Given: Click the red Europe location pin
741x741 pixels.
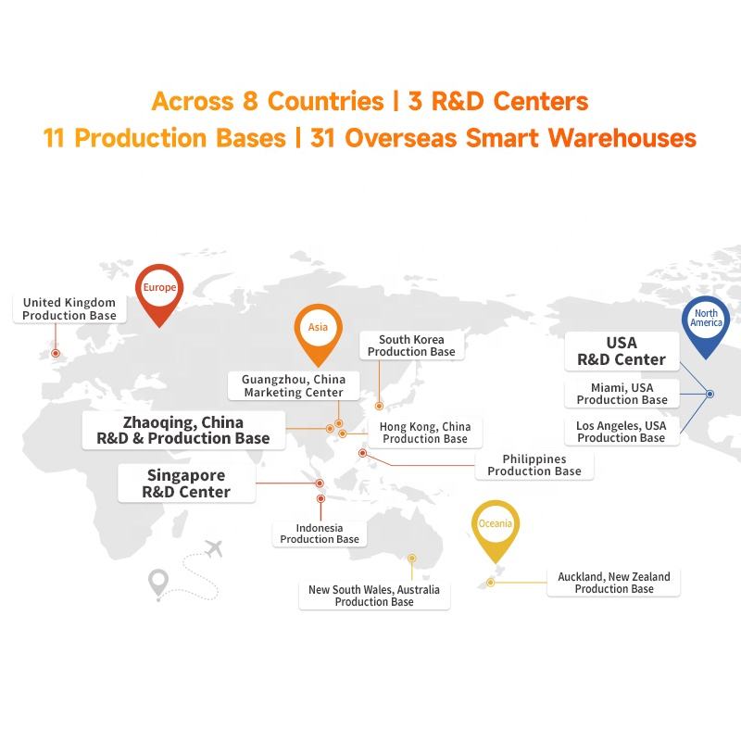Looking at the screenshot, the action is [x=159, y=291].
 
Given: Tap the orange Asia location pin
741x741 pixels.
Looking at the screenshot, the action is [x=319, y=331].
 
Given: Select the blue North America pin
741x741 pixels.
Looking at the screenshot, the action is [x=706, y=324].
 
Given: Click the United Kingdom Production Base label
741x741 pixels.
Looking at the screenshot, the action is [x=69, y=309].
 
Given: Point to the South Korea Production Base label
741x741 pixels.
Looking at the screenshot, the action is [x=411, y=346].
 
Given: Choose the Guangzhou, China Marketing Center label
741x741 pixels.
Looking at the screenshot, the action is [x=293, y=386].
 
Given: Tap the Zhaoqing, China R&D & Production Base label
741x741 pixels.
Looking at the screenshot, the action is [x=182, y=431].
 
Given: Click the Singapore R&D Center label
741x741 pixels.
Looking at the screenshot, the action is [x=186, y=484].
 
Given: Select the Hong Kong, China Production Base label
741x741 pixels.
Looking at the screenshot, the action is [x=425, y=433].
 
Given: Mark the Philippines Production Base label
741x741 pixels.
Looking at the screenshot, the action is [x=534, y=465].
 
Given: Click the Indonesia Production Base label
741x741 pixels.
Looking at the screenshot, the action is [x=320, y=534].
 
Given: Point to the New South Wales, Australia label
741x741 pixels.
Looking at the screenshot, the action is [x=374, y=596].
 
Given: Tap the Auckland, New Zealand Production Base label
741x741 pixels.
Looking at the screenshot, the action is [x=614, y=583].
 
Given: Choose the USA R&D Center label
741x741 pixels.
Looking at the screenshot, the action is [x=622, y=351].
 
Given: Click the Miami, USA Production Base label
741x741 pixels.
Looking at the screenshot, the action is [x=622, y=394].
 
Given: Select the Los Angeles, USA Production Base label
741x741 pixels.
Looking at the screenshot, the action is [x=621, y=432].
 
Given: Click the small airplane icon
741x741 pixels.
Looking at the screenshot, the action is [x=214, y=547].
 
